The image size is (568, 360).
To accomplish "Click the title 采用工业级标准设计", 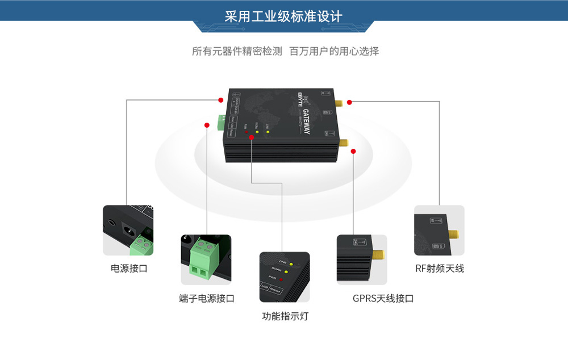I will tap(283, 16).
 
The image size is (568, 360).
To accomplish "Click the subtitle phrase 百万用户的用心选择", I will tap(334, 51).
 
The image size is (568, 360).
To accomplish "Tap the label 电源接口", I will tap(129, 269).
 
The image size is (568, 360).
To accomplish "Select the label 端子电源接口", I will tap(206, 298).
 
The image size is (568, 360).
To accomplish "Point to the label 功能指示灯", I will tap(285, 316).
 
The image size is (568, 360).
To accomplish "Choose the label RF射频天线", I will tap(439, 269).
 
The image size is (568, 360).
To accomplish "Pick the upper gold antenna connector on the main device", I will tap(337, 104).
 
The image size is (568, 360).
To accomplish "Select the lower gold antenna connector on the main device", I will tap(344, 144).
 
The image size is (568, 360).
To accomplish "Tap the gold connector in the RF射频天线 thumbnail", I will tap(453, 235).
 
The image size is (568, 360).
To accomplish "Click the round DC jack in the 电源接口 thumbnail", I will tap(129, 232).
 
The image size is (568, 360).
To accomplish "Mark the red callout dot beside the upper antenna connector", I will tap(349, 102).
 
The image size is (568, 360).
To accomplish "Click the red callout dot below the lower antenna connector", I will tap(353, 151).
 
